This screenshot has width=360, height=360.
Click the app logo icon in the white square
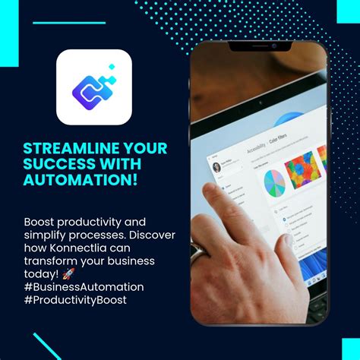[x=94, y=87]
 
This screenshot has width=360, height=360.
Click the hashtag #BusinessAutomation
[x=84, y=286]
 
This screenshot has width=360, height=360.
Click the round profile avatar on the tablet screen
[x=216, y=167]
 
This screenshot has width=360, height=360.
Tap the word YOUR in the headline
[x=141, y=147]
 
